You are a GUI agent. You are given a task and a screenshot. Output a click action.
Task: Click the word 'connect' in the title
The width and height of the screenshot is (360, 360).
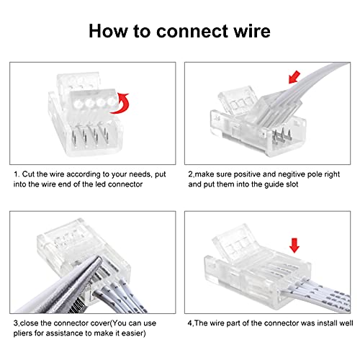(192, 31)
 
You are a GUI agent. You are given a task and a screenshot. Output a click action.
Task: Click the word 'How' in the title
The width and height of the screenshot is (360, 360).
(108, 31)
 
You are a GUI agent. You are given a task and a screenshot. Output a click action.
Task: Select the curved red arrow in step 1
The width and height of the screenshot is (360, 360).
(121, 103)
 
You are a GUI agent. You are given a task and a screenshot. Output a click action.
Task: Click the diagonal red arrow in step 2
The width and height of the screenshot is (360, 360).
(294, 77)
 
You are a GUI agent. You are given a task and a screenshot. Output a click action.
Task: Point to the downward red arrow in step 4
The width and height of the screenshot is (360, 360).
(294, 246)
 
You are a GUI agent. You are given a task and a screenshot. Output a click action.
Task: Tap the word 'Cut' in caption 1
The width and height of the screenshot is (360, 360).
(27, 174)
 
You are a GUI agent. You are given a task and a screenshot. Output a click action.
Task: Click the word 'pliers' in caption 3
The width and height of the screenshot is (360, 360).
(23, 333)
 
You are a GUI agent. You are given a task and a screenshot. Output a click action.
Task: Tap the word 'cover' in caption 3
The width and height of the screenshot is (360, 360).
(101, 323)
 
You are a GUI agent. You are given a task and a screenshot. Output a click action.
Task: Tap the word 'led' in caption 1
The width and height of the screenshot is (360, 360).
(101, 184)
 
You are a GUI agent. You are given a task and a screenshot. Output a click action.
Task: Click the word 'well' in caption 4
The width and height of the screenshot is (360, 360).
(346, 323)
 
